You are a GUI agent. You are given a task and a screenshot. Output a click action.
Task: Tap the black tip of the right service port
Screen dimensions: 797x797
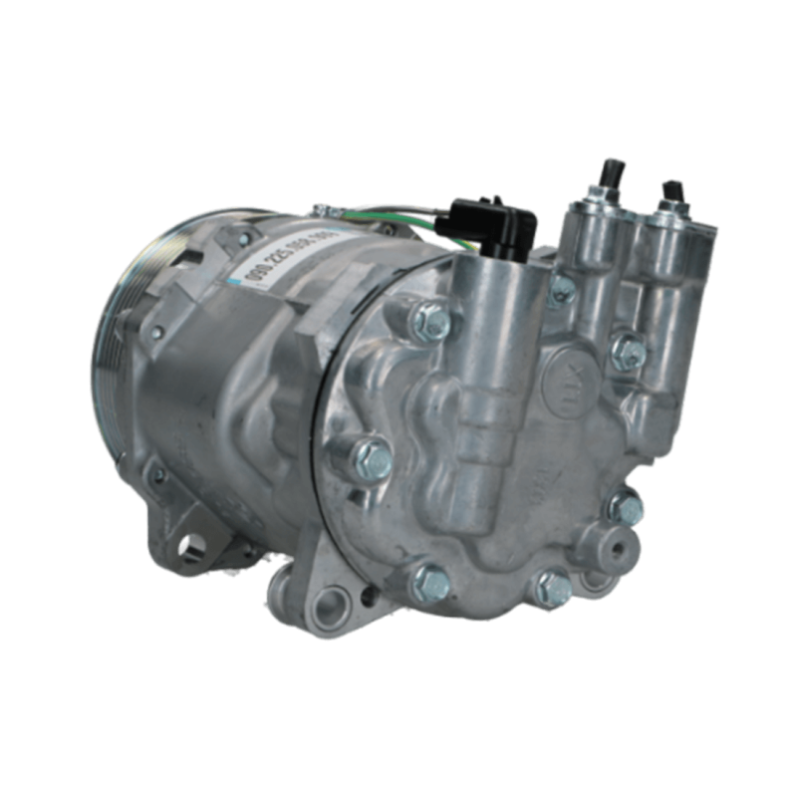coord(674,188)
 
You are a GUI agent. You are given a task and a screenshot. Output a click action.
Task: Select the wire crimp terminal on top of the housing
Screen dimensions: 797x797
coord(322,209)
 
